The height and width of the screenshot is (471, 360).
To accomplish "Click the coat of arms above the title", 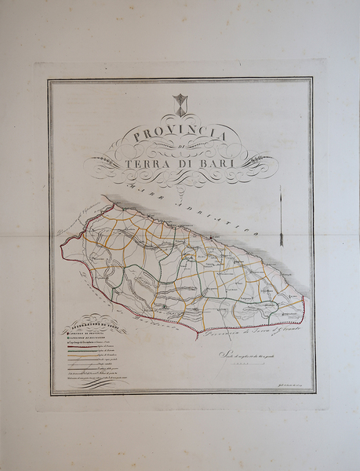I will tap(180, 104).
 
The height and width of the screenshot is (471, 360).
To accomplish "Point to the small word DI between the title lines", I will tap(180, 149).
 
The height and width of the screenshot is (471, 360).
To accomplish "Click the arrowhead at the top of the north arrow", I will tap(281, 189).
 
